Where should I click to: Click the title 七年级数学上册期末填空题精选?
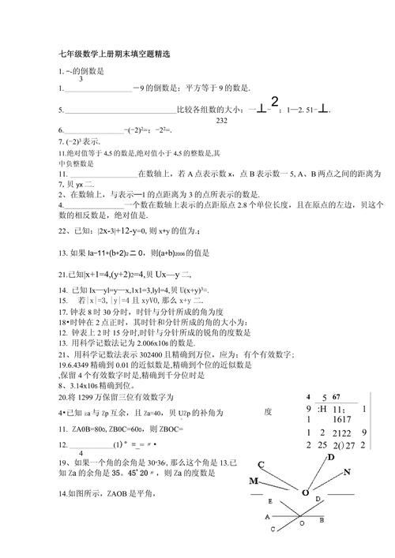(114, 54)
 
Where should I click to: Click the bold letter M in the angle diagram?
(254, 481)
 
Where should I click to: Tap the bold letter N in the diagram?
(346, 472)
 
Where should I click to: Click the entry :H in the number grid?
(322, 409)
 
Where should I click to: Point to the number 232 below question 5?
(221, 120)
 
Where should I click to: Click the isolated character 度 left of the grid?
(268, 411)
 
